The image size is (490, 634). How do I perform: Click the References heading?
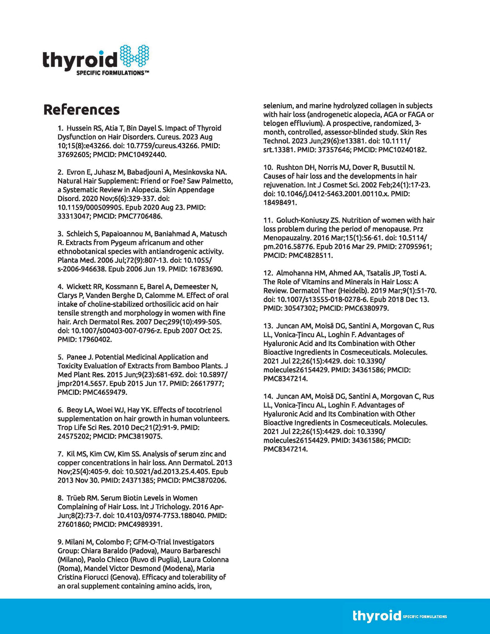[81, 110]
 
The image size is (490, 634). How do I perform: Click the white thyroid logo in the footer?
[377, 615]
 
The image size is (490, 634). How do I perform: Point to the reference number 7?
[60, 454]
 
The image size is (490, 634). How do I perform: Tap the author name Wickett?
[79, 287]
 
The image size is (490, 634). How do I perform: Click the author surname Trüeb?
[76, 498]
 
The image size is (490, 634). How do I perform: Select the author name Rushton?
[290, 167]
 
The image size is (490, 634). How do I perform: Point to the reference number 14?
[268, 397]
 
